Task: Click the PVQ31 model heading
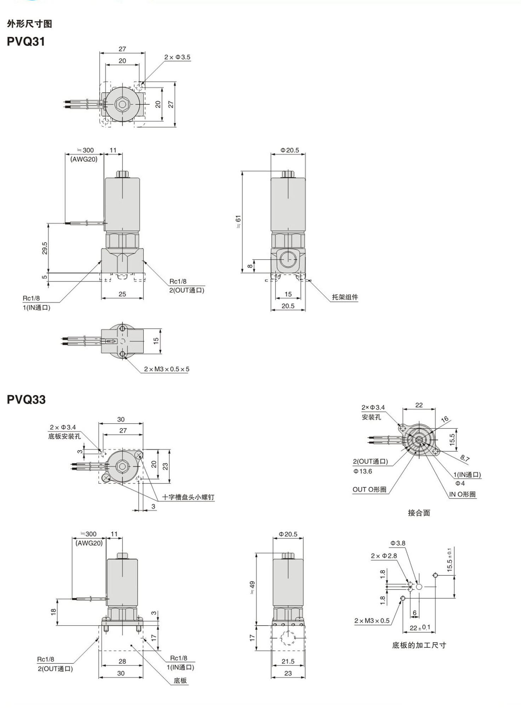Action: click(x=26, y=42)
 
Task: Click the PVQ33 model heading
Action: click(x=26, y=400)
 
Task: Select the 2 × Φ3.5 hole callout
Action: click(x=177, y=57)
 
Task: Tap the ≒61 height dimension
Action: click(x=238, y=221)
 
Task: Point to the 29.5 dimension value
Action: click(x=45, y=248)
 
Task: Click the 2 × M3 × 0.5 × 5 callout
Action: click(x=166, y=369)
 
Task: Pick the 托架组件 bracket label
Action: click(x=345, y=297)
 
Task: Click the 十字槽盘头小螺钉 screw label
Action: click(x=188, y=497)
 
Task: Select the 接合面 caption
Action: click(x=419, y=513)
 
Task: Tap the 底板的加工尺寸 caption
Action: click(x=419, y=645)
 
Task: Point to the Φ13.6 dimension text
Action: click(x=362, y=471)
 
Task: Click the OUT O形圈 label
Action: click(x=369, y=489)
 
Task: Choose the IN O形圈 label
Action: click(x=462, y=494)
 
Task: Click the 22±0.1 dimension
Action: click(x=420, y=628)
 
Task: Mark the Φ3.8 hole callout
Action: click(x=398, y=543)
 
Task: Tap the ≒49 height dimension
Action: click(x=252, y=587)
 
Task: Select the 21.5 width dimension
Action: click(x=288, y=661)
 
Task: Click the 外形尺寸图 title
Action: click(x=29, y=24)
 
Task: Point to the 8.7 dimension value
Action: click(x=465, y=458)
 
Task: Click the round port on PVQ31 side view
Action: click(x=288, y=260)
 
